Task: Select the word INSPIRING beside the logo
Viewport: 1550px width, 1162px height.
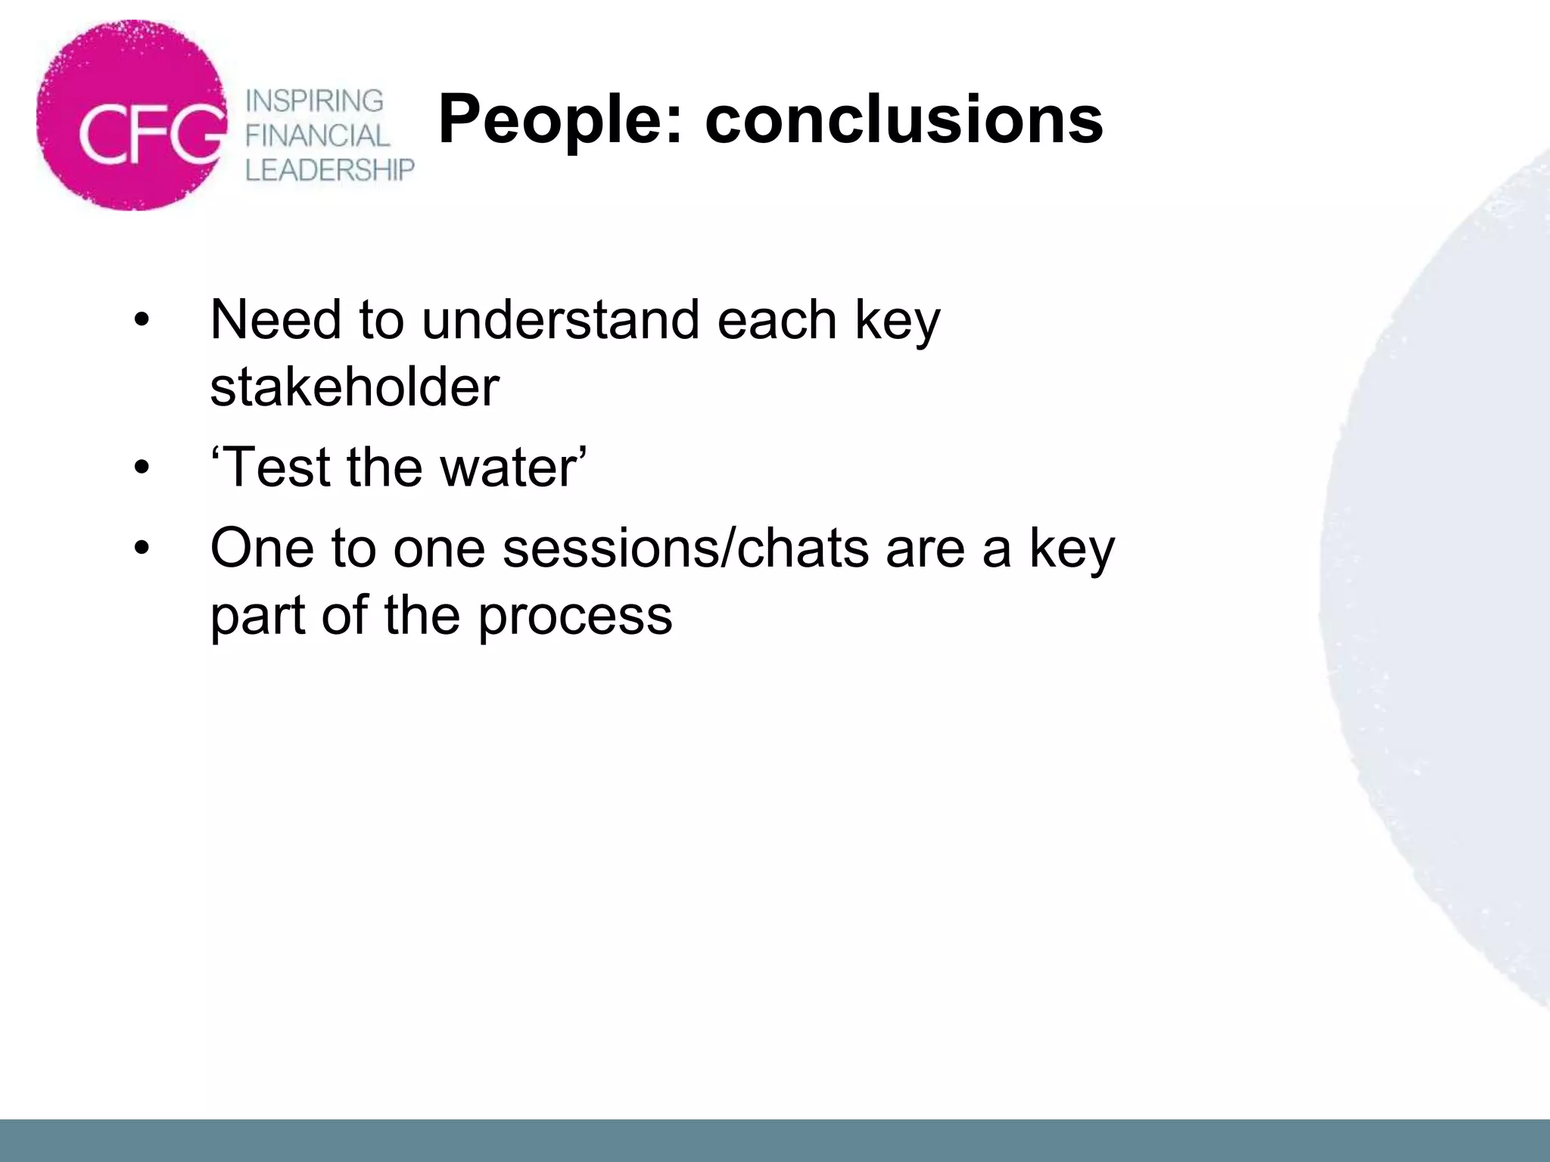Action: [x=314, y=101]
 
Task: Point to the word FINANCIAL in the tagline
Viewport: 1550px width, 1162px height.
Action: [x=317, y=136]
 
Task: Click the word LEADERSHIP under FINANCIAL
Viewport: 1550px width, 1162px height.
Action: [x=329, y=170]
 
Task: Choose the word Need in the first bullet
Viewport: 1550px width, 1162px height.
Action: [x=275, y=319]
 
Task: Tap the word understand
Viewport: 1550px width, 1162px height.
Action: [x=560, y=319]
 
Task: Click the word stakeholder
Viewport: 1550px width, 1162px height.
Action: [x=354, y=387]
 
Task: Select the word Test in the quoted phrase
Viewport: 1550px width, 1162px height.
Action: [x=277, y=467]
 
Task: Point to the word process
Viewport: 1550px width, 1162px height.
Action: [x=574, y=617]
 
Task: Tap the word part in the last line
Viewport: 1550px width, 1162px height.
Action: [x=257, y=617]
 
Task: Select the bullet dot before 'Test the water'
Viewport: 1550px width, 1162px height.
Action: [x=142, y=469]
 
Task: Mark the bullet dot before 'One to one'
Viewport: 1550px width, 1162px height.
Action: [x=142, y=549]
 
